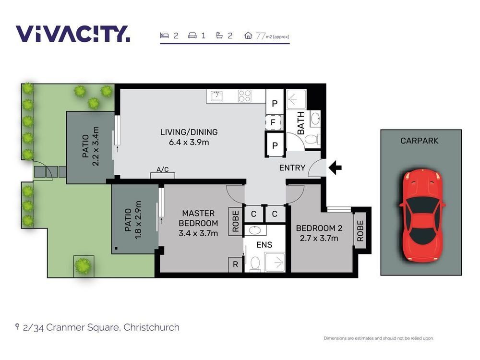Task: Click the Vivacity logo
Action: (73, 34)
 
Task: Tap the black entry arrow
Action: (335, 168)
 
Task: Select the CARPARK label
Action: (419, 141)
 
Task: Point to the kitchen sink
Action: (217, 96)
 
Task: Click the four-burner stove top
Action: (245, 96)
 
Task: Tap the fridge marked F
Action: (273, 122)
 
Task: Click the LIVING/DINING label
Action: (189, 132)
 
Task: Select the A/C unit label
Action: (163, 169)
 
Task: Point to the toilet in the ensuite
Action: (255, 264)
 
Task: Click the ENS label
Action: (264, 245)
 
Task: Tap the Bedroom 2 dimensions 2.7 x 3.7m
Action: (319, 238)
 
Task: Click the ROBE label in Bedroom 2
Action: (360, 231)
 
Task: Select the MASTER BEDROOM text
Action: (198, 218)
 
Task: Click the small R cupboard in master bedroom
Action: (235, 264)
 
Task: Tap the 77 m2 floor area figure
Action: (272, 36)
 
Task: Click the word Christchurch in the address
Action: (151, 327)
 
